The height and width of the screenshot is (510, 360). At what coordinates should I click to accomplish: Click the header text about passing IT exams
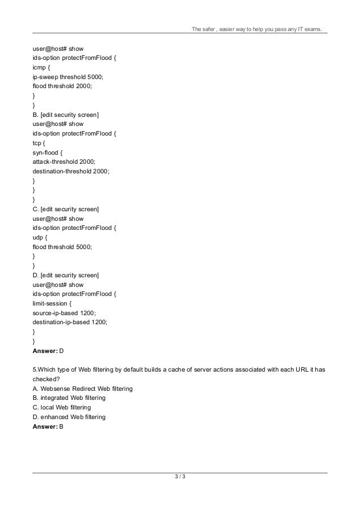pyautogui.click(x=258, y=29)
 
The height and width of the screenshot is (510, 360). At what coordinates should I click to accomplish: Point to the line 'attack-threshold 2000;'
pyautogui.click(x=63, y=161)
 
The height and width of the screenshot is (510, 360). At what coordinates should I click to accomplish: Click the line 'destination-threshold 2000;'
pyautogui.click(x=71, y=171)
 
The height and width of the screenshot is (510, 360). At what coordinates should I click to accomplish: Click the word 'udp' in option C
pyautogui.click(x=39, y=237)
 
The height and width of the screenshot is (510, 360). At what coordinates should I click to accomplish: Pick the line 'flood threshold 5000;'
pyautogui.click(x=62, y=247)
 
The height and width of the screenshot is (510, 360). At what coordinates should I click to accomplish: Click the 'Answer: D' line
pyautogui.click(x=48, y=351)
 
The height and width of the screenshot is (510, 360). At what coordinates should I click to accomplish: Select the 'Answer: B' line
pyautogui.click(x=48, y=426)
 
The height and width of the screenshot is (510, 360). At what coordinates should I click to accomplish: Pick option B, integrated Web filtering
pyautogui.click(x=69, y=398)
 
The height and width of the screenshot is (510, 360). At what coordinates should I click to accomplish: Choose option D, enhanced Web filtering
pyautogui.click(x=69, y=417)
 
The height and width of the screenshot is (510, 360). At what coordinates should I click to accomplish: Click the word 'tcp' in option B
pyautogui.click(x=38, y=142)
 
